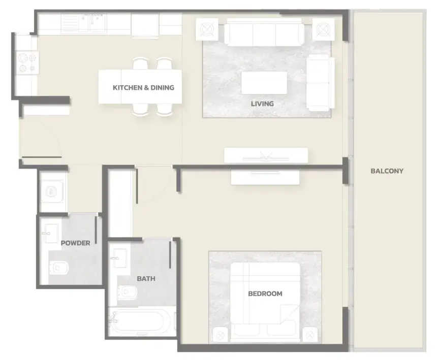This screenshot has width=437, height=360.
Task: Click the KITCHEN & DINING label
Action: [x=143, y=88]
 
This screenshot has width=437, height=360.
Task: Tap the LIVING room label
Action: [x=262, y=104]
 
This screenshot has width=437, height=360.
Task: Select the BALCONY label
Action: [x=387, y=171]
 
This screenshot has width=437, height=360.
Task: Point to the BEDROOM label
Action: [x=265, y=293]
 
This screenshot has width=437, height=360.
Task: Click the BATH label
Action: [x=146, y=278]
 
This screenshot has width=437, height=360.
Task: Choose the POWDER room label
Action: [x=75, y=243]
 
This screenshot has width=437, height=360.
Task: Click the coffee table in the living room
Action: [x=264, y=83]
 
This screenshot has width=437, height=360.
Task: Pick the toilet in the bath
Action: [x=128, y=292]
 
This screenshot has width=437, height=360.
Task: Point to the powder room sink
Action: [x=51, y=234]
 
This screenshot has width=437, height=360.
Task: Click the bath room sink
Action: [x=120, y=258]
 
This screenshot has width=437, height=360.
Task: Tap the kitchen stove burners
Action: [x=27, y=63]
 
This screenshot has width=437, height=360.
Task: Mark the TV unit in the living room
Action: [x=266, y=155]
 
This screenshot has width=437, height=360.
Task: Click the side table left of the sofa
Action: [x=207, y=29]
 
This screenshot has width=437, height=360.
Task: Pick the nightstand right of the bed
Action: [x=310, y=335]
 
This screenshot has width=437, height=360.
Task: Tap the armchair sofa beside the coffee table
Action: [x=320, y=82]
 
